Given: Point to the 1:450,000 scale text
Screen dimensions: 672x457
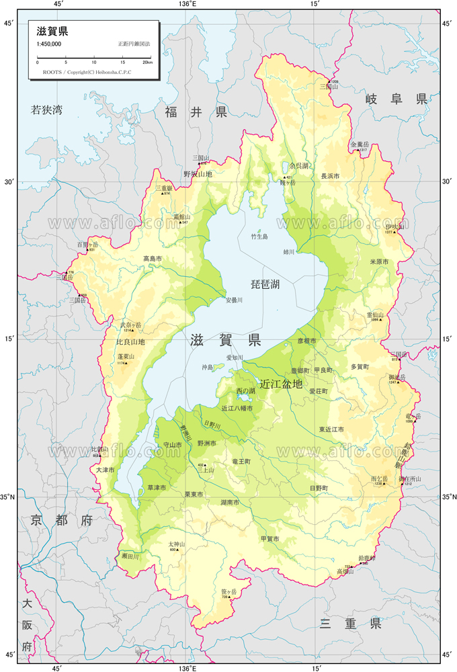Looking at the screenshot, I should tap(49, 44).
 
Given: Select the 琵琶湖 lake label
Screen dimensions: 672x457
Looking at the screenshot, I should tap(265, 286).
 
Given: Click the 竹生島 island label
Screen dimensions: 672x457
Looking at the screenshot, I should tap(259, 237).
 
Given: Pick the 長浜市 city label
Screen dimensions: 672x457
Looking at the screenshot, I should tap(330, 176).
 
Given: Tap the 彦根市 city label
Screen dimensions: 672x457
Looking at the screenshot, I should tap(306, 341).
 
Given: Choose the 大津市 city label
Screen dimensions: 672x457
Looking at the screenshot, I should tap(106, 470).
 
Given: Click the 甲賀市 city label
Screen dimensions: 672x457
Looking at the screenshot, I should tap(269, 538).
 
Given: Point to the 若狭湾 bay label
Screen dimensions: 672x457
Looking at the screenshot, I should tap(46, 110).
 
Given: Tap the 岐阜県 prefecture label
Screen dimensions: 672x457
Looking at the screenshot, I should tap(396, 99).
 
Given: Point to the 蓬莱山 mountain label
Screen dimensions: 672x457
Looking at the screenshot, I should tap(126, 357).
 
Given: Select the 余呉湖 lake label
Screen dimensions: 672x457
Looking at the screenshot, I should tap(298, 165).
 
